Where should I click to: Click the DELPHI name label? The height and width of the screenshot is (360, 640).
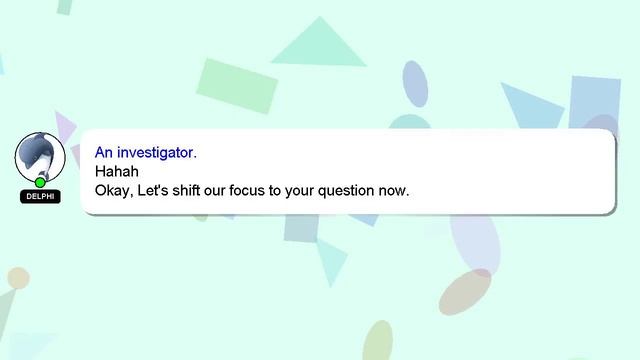[x=40, y=197]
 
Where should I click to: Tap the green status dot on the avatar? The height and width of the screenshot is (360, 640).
[x=40, y=182]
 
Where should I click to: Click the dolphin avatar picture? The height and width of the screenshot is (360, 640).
[x=40, y=157]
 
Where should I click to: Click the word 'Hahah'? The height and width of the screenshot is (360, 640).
[x=116, y=171]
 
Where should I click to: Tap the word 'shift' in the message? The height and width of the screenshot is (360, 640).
[x=196, y=190]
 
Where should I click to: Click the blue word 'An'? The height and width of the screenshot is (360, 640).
[x=104, y=153]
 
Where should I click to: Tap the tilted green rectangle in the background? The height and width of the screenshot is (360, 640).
[x=238, y=85]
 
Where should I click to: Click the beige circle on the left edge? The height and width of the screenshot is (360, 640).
[x=17, y=278]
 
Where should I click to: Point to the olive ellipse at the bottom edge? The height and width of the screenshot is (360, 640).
[x=377, y=342]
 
